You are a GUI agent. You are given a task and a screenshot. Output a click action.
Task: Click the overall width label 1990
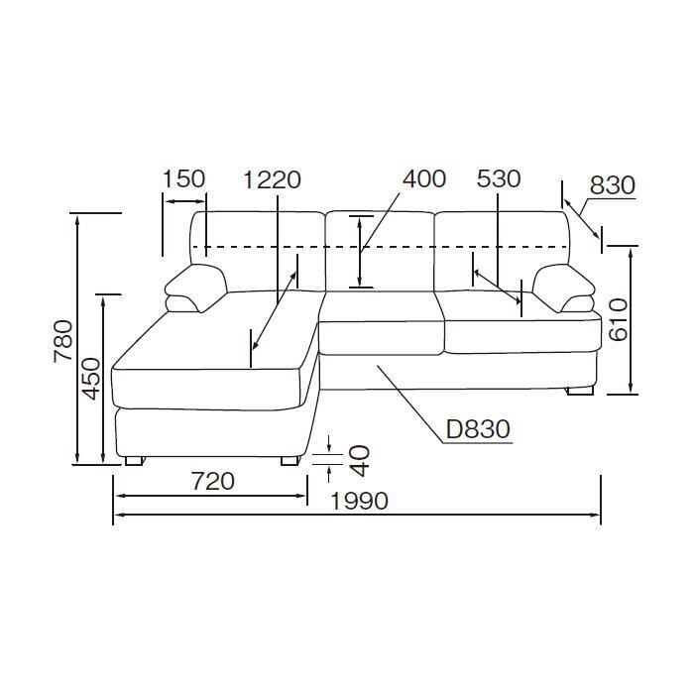[x=359, y=501]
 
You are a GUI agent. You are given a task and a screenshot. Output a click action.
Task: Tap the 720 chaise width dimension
[x=212, y=481]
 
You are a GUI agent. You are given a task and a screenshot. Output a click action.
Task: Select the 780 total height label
[x=62, y=341]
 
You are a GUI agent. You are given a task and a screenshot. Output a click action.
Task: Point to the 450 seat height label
[x=92, y=378]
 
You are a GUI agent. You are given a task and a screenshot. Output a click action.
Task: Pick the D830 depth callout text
[x=478, y=429]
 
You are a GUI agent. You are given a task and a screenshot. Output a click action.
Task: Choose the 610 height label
[x=618, y=319]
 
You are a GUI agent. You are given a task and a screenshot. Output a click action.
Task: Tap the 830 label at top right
[x=613, y=185]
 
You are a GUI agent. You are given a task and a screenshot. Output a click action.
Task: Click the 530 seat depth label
[x=499, y=178]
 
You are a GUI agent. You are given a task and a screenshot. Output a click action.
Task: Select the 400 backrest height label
[x=424, y=178]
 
